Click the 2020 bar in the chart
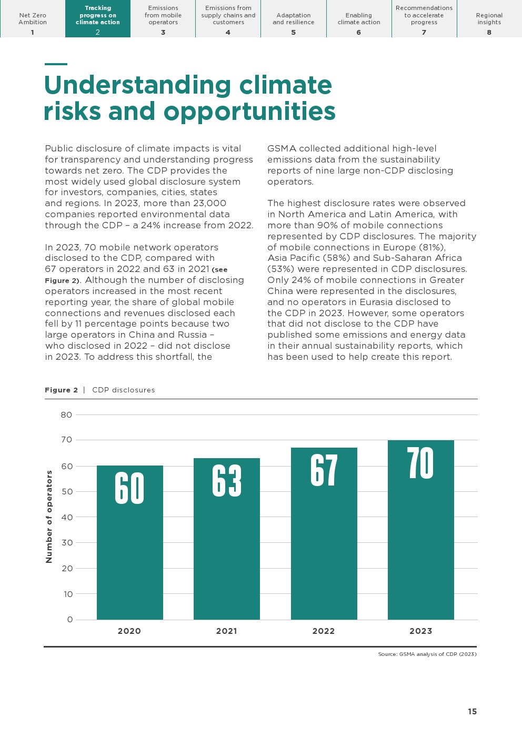129,542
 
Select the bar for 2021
226,539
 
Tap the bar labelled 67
324,533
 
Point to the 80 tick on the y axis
66,415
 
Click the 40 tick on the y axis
67,518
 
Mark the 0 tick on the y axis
70,620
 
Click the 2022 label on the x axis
324,631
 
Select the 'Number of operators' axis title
49,517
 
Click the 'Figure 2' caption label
61,390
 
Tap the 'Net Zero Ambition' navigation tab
33,19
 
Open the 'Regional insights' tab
489,19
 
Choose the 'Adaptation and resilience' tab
294,19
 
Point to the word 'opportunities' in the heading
249,112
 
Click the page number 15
472,712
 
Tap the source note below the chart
427,654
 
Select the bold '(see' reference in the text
219,270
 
